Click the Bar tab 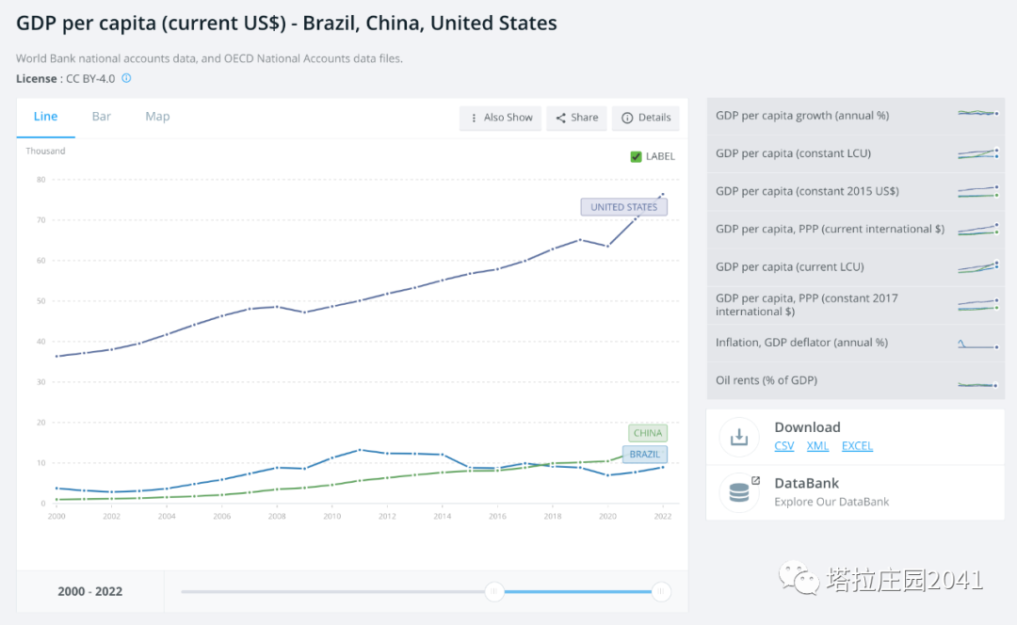point(102,117)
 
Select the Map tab point(157,117)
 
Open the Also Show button point(501,118)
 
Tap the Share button point(576,118)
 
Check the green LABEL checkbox point(637,156)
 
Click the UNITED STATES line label point(623,207)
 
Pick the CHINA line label point(648,433)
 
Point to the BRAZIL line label point(645,454)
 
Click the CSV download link point(783,446)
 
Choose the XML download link point(817,446)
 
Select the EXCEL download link point(857,446)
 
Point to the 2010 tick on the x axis point(331,516)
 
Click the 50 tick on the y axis point(40,301)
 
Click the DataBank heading point(806,484)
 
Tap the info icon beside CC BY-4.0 point(127,78)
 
